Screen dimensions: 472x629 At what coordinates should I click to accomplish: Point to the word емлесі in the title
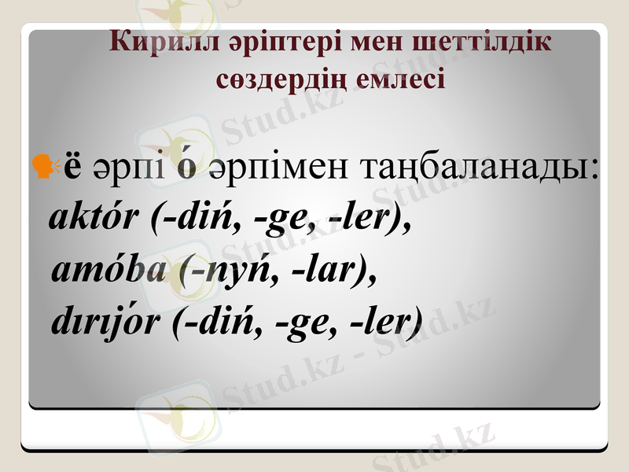412,79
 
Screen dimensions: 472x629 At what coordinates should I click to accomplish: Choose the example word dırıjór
108,322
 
